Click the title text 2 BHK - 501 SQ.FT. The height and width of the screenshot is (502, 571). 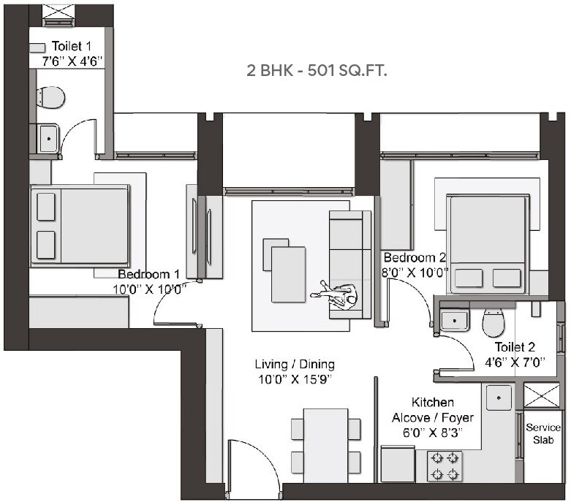tap(317, 71)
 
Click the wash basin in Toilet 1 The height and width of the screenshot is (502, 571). tap(48, 137)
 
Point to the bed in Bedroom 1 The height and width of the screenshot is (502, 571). tap(80, 225)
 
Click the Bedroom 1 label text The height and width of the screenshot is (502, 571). tap(149, 274)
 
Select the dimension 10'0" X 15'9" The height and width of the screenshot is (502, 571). tap(295, 378)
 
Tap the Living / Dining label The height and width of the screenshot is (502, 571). tap(295, 364)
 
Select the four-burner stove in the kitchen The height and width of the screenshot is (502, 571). tap(444, 466)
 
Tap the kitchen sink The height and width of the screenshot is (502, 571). tap(500, 398)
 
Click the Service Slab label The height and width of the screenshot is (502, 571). tap(543, 433)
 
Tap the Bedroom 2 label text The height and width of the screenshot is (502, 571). tap(415, 258)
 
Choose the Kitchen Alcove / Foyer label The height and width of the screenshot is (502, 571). tap(433, 417)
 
